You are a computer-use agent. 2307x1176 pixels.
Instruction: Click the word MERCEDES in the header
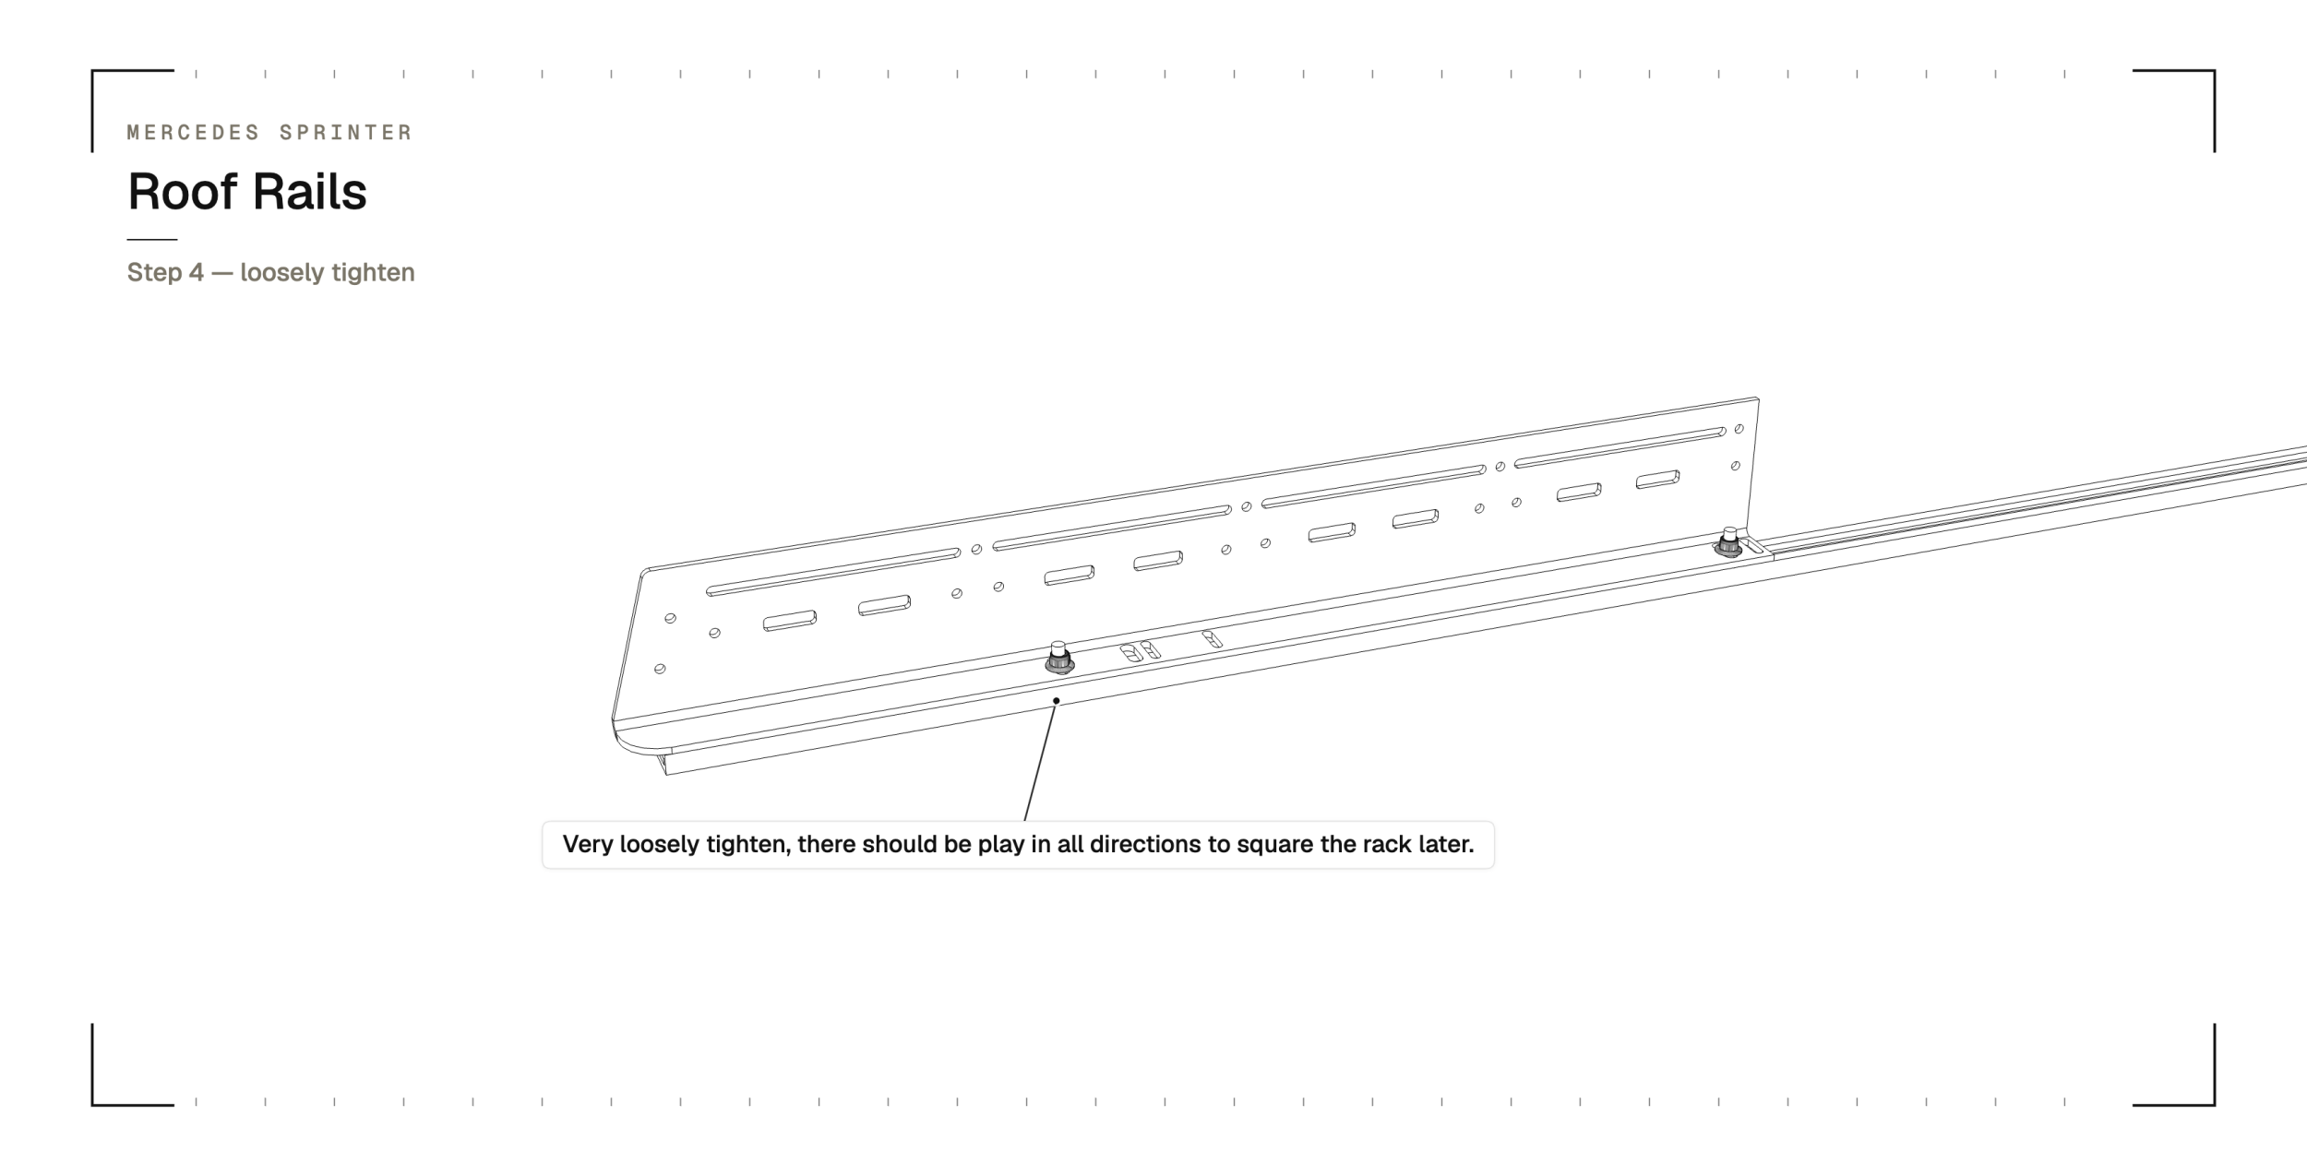pyautogui.click(x=194, y=133)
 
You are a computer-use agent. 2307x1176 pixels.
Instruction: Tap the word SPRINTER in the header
pyautogui.click(x=346, y=133)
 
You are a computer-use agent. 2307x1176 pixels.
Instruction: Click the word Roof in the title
pyautogui.click(x=182, y=192)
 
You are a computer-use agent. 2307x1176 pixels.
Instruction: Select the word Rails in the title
pyautogui.click(x=309, y=192)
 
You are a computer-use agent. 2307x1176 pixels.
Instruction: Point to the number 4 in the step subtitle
pyautogui.click(x=197, y=273)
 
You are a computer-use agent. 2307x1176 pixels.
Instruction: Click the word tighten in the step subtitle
pyautogui.click(x=373, y=273)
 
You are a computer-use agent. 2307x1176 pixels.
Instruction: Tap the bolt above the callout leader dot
pyautogui.click(x=1058, y=658)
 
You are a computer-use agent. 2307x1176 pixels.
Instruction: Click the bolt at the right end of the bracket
pyautogui.click(x=1728, y=542)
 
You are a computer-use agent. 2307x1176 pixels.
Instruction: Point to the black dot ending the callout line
pyautogui.click(x=1056, y=701)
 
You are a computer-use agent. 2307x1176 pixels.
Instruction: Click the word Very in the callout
pyautogui.click(x=588, y=845)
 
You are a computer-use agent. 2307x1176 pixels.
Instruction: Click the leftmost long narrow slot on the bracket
pyautogui.click(x=833, y=572)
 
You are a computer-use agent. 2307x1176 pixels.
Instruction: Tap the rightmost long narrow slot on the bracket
pyautogui.click(x=1620, y=447)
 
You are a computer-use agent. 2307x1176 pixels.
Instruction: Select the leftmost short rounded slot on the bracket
pyautogui.click(x=790, y=620)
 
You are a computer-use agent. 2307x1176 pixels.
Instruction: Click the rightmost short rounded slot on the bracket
pyautogui.click(x=1657, y=480)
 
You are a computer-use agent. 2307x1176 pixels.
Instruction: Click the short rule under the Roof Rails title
pyautogui.click(x=152, y=240)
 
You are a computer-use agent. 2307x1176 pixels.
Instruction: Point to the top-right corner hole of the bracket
pyautogui.click(x=1739, y=429)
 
